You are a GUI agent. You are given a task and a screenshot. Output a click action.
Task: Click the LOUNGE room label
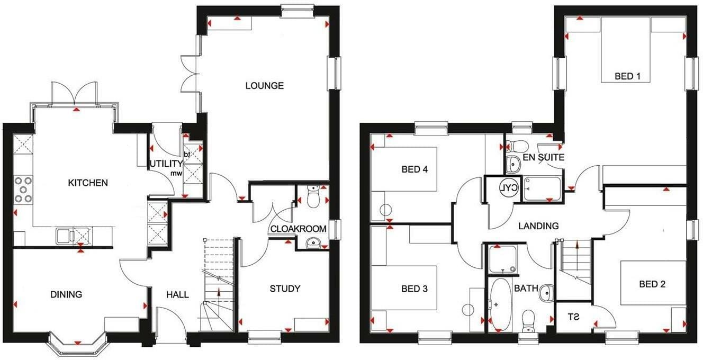pyautogui.click(x=265, y=86)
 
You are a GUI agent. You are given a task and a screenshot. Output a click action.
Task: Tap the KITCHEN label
pyautogui.click(x=88, y=183)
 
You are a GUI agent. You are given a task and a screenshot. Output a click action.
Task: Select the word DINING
pyautogui.click(x=66, y=294)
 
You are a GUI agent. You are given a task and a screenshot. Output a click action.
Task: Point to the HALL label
pyautogui.click(x=178, y=294)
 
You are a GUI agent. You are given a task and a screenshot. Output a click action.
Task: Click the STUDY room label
pyautogui.click(x=285, y=289)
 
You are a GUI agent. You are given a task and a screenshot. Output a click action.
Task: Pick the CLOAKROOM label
pyautogui.click(x=298, y=229)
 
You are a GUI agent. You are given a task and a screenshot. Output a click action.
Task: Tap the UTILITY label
pyautogui.click(x=166, y=164)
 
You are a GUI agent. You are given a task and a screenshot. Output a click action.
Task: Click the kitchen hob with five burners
pyautogui.click(x=23, y=189)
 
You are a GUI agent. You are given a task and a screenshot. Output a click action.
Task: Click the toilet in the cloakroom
pyautogui.click(x=313, y=196)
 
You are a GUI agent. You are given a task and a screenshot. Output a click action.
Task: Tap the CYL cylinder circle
pyautogui.click(x=509, y=188)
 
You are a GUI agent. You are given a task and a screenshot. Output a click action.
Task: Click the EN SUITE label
pyautogui.click(x=543, y=157)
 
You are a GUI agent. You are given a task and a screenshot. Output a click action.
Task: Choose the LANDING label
pyautogui.click(x=538, y=226)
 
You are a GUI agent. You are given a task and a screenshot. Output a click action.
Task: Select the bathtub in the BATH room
pyautogui.click(x=501, y=305)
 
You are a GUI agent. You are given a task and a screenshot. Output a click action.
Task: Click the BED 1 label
pyautogui.click(x=628, y=76)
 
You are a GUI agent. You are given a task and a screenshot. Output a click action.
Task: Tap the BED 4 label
pyautogui.click(x=414, y=169)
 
